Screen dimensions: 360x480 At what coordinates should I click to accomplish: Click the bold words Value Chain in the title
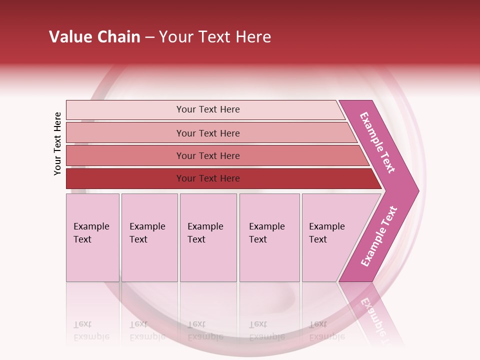[94, 37]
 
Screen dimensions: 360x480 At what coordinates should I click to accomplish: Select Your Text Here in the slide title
[215, 37]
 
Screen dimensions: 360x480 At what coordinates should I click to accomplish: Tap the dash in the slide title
[149, 37]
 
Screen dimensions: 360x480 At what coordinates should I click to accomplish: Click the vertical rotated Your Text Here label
[58, 143]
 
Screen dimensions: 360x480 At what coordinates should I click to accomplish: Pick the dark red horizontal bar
[125, 178]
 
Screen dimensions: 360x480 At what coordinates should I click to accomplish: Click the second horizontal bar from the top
[125, 133]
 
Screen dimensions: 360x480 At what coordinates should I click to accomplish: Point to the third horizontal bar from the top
[125, 155]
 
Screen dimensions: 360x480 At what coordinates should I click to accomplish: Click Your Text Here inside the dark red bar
[208, 178]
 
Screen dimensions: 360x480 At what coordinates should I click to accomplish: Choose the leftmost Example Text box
[92, 237]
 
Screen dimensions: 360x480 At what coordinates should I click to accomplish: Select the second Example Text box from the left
[149, 237]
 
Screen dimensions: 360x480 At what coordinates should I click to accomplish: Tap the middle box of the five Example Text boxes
[208, 237]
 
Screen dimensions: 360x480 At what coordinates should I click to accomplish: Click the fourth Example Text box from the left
[269, 237]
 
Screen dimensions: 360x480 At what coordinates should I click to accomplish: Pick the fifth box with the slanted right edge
[330, 237]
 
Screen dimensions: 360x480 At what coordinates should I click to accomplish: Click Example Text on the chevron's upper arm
[377, 142]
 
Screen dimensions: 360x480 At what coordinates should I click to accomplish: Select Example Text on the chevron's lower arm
[378, 236]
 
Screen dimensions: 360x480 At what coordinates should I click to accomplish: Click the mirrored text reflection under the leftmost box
[91, 330]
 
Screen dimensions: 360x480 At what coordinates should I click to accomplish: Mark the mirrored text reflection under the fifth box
[326, 330]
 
